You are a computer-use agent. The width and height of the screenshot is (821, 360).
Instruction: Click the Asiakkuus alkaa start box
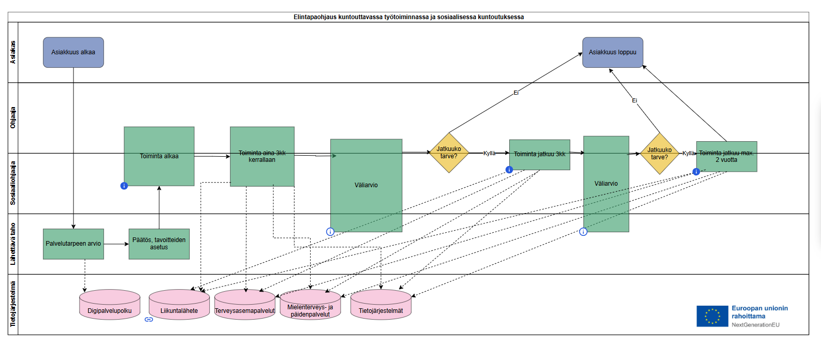point(73,52)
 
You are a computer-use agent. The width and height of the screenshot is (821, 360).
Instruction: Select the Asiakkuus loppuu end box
point(613,52)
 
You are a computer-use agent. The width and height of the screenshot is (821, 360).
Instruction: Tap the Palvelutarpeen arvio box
point(73,244)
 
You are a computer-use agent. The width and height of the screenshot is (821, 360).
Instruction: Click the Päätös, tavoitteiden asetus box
point(159,244)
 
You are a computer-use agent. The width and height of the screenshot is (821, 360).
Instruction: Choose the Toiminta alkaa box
point(159,156)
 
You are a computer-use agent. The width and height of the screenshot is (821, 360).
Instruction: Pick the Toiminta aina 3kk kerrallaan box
point(262,156)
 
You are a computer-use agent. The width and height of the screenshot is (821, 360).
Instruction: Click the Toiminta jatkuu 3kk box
point(540,154)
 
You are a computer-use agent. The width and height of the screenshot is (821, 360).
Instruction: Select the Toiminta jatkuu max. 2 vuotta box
point(726,156)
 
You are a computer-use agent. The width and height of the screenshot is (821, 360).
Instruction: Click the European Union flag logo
point(712,316)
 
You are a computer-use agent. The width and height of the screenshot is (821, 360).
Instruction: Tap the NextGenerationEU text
point(755,325)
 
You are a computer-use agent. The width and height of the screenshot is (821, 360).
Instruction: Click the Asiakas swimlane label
point(13,52)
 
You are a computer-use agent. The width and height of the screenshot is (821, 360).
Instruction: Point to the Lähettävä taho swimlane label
point(13,244)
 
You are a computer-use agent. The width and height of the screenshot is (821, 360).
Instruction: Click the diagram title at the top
point(408,17)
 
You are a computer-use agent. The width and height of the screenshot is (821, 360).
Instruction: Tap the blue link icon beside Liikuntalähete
point(149,319)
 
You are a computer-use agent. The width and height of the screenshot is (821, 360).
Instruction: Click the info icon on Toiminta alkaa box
point(124,186)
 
